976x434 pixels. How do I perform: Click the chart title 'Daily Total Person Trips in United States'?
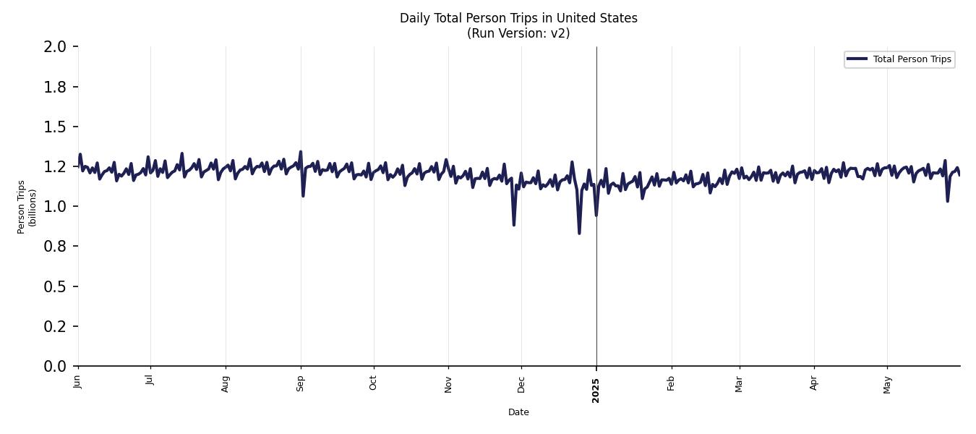point(518,18)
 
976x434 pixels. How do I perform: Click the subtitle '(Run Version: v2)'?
point(518,33)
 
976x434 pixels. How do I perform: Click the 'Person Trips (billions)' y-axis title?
point(27,207)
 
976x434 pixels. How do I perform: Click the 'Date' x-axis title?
point(518,412)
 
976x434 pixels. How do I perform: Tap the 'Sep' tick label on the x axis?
point(301,383)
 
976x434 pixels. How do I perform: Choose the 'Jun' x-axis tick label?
point(78,383)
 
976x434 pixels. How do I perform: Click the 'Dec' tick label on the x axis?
point(521,383)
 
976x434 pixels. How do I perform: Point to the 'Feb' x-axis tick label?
point(671,383)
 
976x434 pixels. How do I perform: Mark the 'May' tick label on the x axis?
point(888,383)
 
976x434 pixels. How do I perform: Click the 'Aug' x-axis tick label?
point(226,383)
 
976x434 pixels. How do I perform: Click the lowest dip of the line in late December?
point(579,233)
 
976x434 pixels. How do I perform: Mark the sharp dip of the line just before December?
point(514,225)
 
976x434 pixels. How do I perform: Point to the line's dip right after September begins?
point(303,195)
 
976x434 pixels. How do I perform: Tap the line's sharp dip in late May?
point(947,200)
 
